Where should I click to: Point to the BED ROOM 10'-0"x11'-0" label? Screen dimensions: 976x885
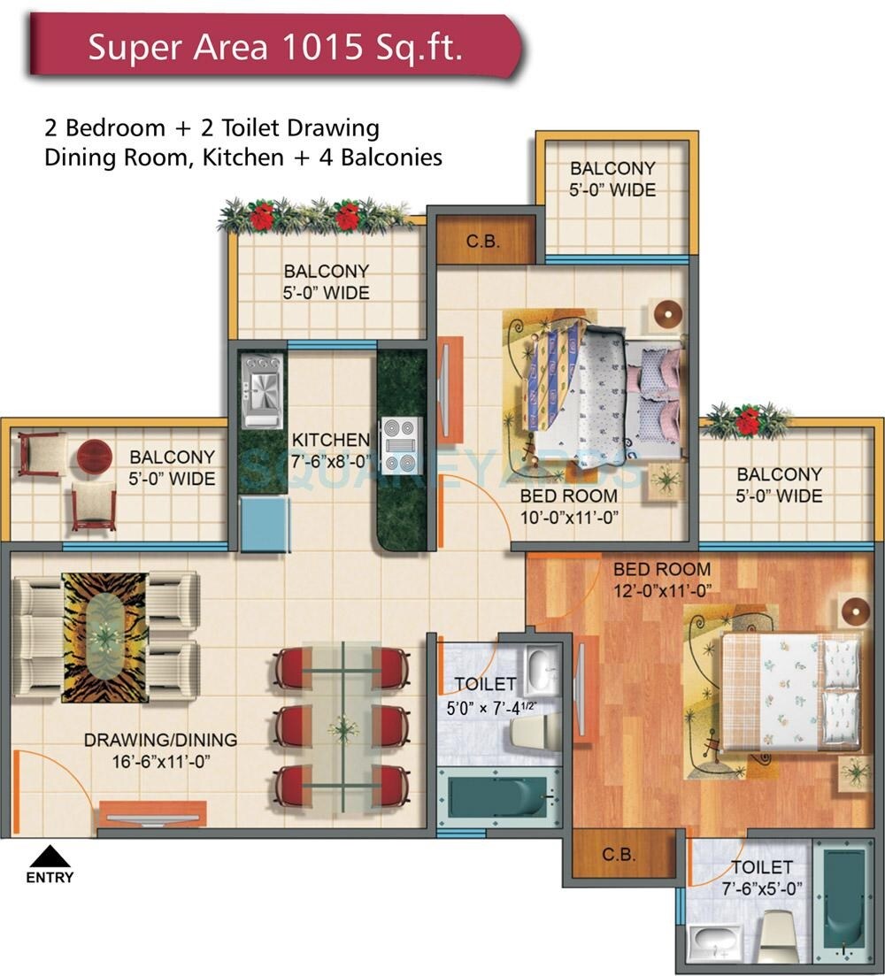click(569, 508)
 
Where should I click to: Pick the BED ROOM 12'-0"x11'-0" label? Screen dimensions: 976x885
click(662, 580)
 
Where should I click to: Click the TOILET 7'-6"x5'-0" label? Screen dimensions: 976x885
click(761, 879)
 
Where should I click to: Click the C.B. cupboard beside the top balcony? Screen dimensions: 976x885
click(483, 238)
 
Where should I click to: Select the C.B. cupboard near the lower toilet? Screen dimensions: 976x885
click(616, 856)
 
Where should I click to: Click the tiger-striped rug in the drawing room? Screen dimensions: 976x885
click(104, 637)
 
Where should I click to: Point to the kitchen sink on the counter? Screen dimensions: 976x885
click(263, 388)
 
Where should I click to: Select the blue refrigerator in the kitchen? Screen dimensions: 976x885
click(265, 524)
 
